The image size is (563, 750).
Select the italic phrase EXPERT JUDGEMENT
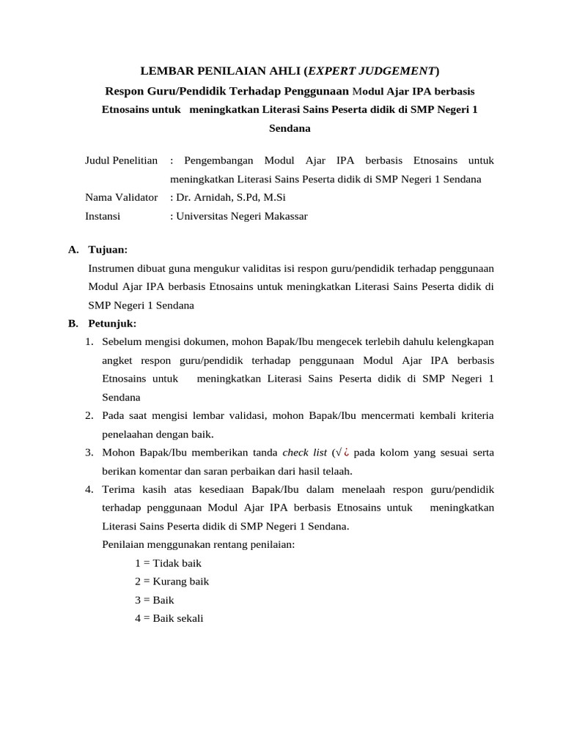[x=372, y=71]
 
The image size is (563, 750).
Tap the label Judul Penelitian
[x=122, y=160]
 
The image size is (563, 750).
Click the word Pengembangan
[x=219, y=160]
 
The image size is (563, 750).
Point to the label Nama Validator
[x=122, y=197]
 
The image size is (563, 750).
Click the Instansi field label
[x=103, y=216]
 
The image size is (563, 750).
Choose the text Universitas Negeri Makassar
[x=240, y=216]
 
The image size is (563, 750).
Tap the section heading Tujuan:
[x=108, y=250]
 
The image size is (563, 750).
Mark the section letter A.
[x=73, y=250]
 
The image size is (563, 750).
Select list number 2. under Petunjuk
[x=88, y=415]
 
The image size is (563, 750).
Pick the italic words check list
[x=304, y=452]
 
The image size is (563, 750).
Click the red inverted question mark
[x=345, y=452]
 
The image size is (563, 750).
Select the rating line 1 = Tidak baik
[x=168, y=563]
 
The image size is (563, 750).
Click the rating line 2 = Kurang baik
[x=172, y=582]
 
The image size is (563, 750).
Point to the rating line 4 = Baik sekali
[x=169, y=618]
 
